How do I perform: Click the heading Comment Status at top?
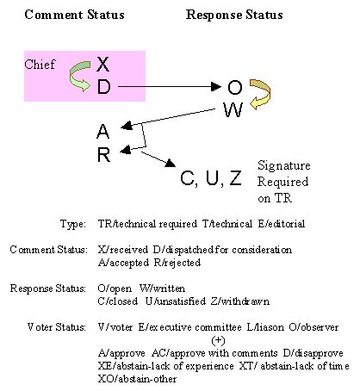coord(74,15)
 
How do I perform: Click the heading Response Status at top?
coord(234,15)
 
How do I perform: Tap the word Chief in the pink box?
coord(40,65)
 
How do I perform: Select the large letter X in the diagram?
coord(103,65)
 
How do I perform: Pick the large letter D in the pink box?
coord(103,87)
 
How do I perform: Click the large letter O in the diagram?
coord(235,87)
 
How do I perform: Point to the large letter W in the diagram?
coord(233,109)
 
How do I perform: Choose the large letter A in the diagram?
coord(103,132)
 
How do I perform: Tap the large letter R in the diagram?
coord(103,154)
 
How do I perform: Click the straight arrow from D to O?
coord(170,86)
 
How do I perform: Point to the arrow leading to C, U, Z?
coord(158,159)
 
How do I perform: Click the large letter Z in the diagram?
coord(235,178)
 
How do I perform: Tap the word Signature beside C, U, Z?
coord(284,165)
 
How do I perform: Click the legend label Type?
coord(73,224)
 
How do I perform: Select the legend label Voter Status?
coord(57,327)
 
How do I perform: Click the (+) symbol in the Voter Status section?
coord(218,340)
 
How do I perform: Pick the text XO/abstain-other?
coord(137,379)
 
